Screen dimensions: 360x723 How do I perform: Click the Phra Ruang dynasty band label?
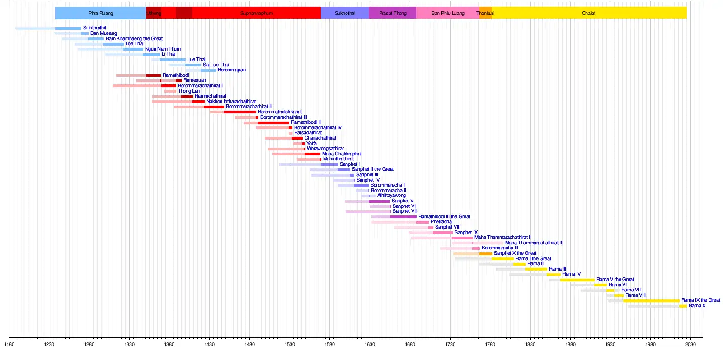tap(100, 13)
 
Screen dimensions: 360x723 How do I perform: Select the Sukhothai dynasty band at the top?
tap(345, 13)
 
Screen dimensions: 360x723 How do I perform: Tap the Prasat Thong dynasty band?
tap(393, 13)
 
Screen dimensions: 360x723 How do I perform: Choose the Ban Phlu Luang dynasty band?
tap(448, 13)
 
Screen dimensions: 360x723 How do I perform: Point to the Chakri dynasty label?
tap(588, 13)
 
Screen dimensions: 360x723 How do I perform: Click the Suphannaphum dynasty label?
tap(256, 13)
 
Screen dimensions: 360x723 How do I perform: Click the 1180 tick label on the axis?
tap(9, 345)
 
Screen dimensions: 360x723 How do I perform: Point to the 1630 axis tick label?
tap(370, 345)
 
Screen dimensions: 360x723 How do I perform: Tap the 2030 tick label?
tap(690, 345)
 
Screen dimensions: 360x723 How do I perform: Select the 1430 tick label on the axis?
tap(209, 345)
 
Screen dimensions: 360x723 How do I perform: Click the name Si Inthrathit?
tap(94, 28)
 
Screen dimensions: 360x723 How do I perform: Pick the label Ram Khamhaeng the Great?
tap(134, 39)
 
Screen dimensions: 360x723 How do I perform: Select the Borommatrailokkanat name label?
tap(280, 112)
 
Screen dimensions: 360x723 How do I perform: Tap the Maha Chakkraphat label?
tap(342, 154)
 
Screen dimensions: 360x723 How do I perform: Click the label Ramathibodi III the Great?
tap(444, 217)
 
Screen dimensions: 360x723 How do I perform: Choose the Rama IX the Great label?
tap(701, 300)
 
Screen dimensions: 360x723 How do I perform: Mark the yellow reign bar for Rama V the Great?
tap(577, 280)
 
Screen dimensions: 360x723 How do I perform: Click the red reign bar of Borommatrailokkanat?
tap(239, 112)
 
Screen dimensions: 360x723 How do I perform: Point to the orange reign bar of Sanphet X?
tap(485, 254)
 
